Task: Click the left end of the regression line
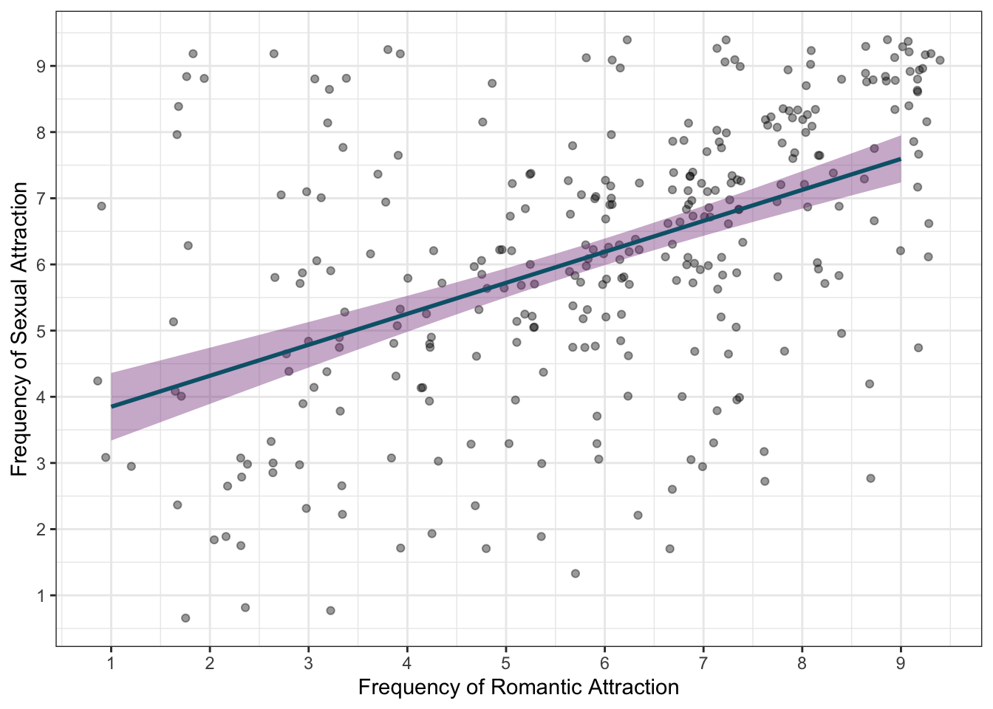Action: click(x=112, y=406)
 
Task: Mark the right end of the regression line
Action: click(x=900, y=159)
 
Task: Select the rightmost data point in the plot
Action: click(x=940, y=61)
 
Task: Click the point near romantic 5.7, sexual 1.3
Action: click(x=576, y=574)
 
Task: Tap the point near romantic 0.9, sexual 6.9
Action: click(x=101, y=206)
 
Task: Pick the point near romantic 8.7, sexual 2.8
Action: click(x=870, y=479)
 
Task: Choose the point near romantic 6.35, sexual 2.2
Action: click(x=638, y=516)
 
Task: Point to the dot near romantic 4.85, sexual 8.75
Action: click(x=492, y=83)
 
